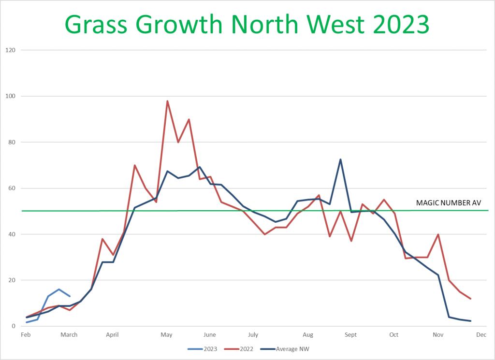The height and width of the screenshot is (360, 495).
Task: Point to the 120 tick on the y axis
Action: (x=10, y=50)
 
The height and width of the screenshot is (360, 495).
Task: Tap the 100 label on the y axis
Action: (x=10, y=96)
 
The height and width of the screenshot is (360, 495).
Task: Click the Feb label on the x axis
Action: (x=27, y=334)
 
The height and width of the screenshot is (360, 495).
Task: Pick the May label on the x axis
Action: (x=167, y=334)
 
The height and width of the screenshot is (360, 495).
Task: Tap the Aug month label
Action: (x=307, y=334)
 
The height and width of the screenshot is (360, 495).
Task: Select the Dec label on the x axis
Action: (x=481, y=334)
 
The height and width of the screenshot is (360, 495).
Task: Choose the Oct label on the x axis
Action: (x=394, y=334)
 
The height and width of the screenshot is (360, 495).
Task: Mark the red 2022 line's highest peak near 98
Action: (x=167, y=101)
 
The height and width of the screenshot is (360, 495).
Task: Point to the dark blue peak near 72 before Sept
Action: (x=340, y=159)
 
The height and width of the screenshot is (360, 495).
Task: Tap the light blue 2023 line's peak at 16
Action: (x=59, y=289)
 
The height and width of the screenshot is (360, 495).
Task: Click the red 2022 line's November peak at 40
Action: (x=438, y=234)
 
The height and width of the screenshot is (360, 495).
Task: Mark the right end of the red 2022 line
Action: (x=470, y=299)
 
